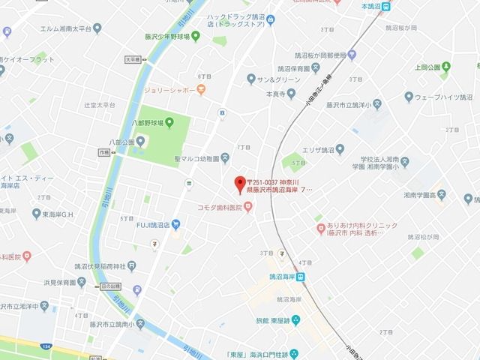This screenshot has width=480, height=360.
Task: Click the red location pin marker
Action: click(240, 183)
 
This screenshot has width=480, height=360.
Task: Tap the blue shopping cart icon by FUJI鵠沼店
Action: click(175, 223)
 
